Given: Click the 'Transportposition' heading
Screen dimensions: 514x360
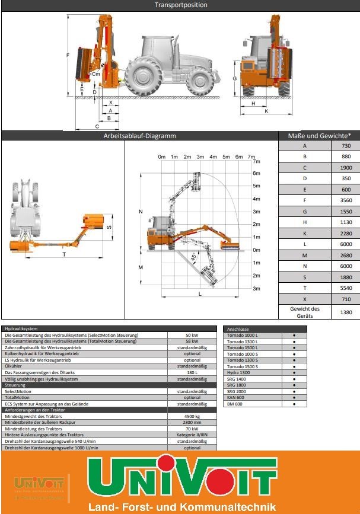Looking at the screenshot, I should point(181,5).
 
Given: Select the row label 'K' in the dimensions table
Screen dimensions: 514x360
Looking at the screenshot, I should point(305,234).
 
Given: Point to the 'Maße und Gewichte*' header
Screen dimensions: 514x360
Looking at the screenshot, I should point(319,136).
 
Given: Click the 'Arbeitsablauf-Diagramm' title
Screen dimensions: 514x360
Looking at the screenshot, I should point(140,136).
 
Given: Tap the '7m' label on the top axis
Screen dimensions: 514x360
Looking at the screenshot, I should point(251,157).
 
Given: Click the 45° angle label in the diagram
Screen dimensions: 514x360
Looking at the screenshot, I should point(194,256).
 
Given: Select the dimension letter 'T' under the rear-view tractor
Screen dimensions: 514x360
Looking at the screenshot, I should point(63,254).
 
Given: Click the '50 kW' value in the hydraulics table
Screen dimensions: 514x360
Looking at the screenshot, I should point(192,335).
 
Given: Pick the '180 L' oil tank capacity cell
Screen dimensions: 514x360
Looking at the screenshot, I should point(192,372).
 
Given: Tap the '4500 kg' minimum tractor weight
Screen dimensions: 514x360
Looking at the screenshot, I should point(192,416).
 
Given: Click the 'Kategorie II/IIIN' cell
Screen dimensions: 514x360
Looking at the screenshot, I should point(192,435).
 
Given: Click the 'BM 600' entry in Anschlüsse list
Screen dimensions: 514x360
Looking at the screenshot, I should point(234,404).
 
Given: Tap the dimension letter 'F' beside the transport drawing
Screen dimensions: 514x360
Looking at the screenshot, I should point(68,55).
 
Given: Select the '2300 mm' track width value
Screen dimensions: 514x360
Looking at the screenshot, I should point(192,422).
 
